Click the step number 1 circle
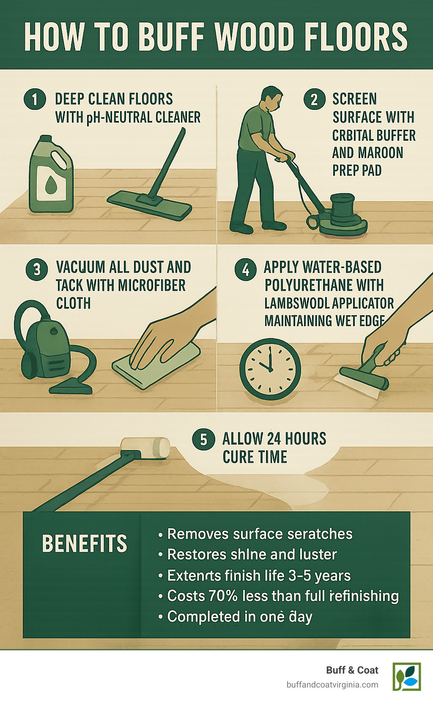point(35,100)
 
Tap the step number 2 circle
point(314,99)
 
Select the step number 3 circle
point(37,269)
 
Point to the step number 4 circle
point(246,269)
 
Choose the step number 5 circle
point(203,439)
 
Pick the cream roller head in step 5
point(145,447)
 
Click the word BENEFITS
point(85,544)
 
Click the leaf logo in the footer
point(407,677)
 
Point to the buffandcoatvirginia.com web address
point(332,685)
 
